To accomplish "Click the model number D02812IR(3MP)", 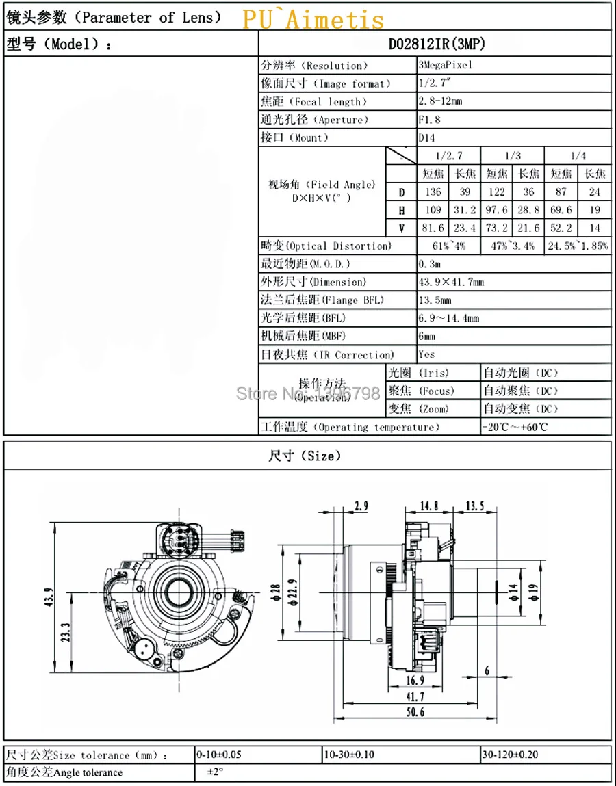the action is click(437, 44).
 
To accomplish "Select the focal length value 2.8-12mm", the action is click(440, 101).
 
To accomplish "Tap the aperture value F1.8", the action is click(430, 119).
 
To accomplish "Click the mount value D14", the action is click(428, 137).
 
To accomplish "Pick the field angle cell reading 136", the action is click(433, 192).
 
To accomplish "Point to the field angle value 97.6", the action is click(497, 210).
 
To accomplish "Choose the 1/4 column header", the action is click(578, 155).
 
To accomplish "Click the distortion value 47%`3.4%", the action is click(512, 246).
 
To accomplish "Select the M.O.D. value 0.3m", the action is click(430, 264).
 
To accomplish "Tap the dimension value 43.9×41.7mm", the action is click(452, 283).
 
